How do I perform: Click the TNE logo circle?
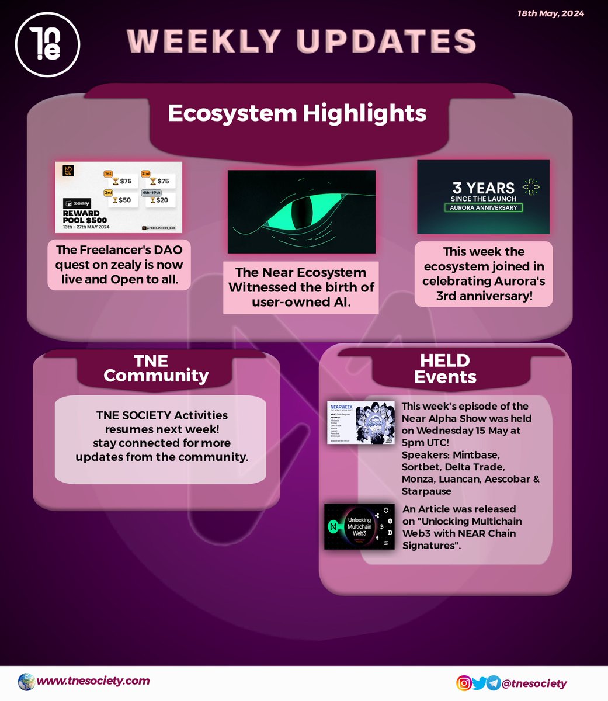tap(47, 47)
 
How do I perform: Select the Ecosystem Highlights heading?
tap(297, 113)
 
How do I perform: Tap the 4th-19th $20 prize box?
tap(160, 200)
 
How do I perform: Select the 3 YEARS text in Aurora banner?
tap(483, 188)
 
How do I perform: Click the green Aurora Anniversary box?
tap(483, 207)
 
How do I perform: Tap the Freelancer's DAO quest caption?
tap(119, 265)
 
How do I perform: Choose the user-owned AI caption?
tap(301, 287)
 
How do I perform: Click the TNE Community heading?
tap(156, 368)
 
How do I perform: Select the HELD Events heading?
tap(445, 368)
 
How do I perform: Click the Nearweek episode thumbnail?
tap(361, 423)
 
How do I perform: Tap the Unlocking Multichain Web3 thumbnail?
tap(359, 526)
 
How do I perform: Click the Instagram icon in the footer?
tap(464, 683)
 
